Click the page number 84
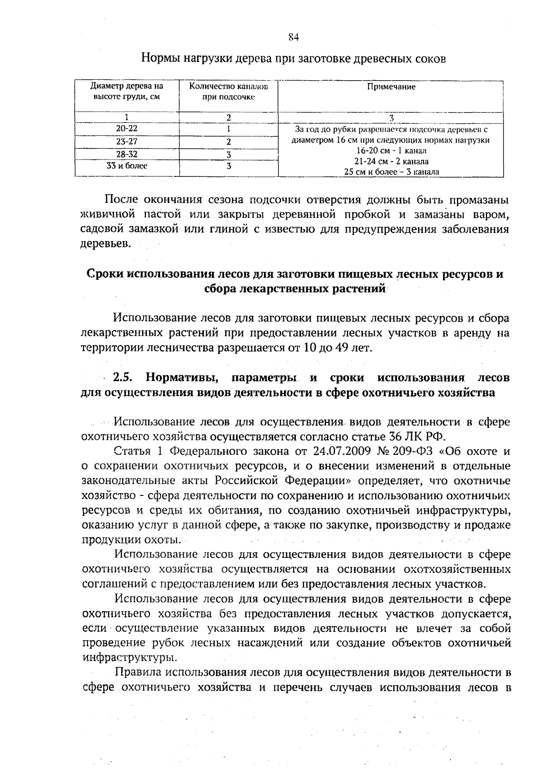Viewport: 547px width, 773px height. (x=294, y=38)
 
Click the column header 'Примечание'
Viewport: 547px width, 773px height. (x=391, y=87)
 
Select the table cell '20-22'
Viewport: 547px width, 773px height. (x=127, y=129)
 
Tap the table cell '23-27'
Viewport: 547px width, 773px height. (x=127, y=142)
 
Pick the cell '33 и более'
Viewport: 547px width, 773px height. (x=127, y=166)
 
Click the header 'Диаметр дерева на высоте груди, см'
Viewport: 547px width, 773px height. (x=127, y=91)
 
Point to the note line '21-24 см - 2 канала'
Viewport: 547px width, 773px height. (x=391, y=161)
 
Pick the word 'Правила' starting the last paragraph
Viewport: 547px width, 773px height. (x=138, y=672)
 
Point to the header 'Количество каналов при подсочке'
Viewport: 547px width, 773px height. (x=228, y=91)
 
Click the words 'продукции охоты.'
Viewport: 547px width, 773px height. (x=131, y=540)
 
